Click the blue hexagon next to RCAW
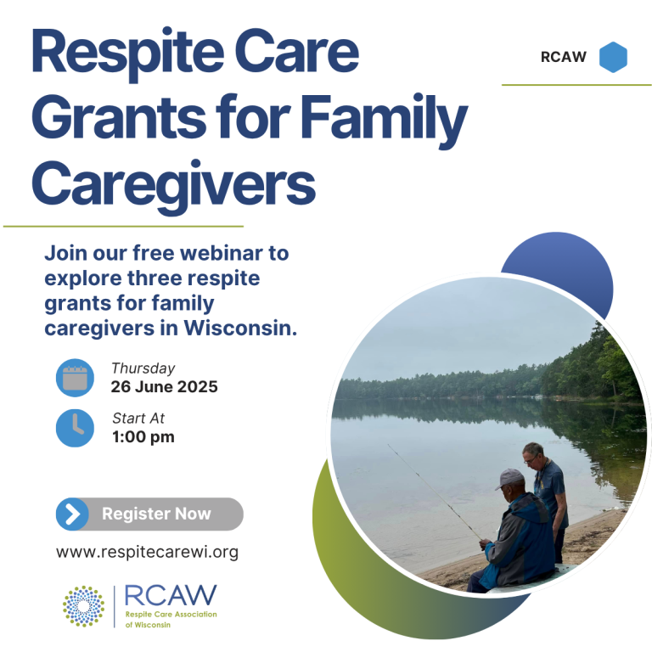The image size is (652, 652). tap(613, 58)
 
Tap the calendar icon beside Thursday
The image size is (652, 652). tap(75, 378)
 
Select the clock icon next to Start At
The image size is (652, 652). tap(75, 428)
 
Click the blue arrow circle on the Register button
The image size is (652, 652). tap(72, 514)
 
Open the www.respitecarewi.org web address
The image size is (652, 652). tap(147, 552)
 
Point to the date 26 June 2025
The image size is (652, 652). tap(164, 387)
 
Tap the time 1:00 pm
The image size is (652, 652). tap(143, 437)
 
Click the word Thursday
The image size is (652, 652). tap(143, 368)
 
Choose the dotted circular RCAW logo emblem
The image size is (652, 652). tap(83, 606)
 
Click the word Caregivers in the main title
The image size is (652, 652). tap(173, 183)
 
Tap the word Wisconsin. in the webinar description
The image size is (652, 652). tap(241, 328)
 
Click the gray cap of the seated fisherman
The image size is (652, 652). tap(509, 478)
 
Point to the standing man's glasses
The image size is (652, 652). tap(531, 458)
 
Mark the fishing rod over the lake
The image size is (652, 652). tap(435, 492)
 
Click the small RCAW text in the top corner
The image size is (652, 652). tap(564, 57)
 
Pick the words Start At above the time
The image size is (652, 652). tap(138, 419)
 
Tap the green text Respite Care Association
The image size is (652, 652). tap(171, 614)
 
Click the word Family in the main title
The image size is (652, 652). tap(385, 119)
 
